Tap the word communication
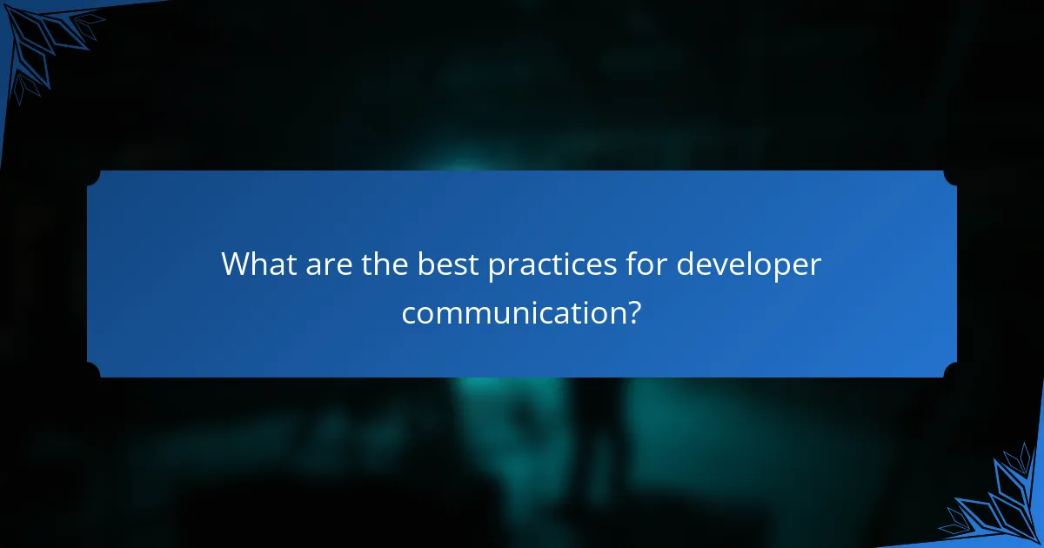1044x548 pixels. [512, 312]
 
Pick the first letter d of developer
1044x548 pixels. [686, 264]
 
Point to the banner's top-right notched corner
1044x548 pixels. [950, 177]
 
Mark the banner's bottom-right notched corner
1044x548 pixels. [950, 371]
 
